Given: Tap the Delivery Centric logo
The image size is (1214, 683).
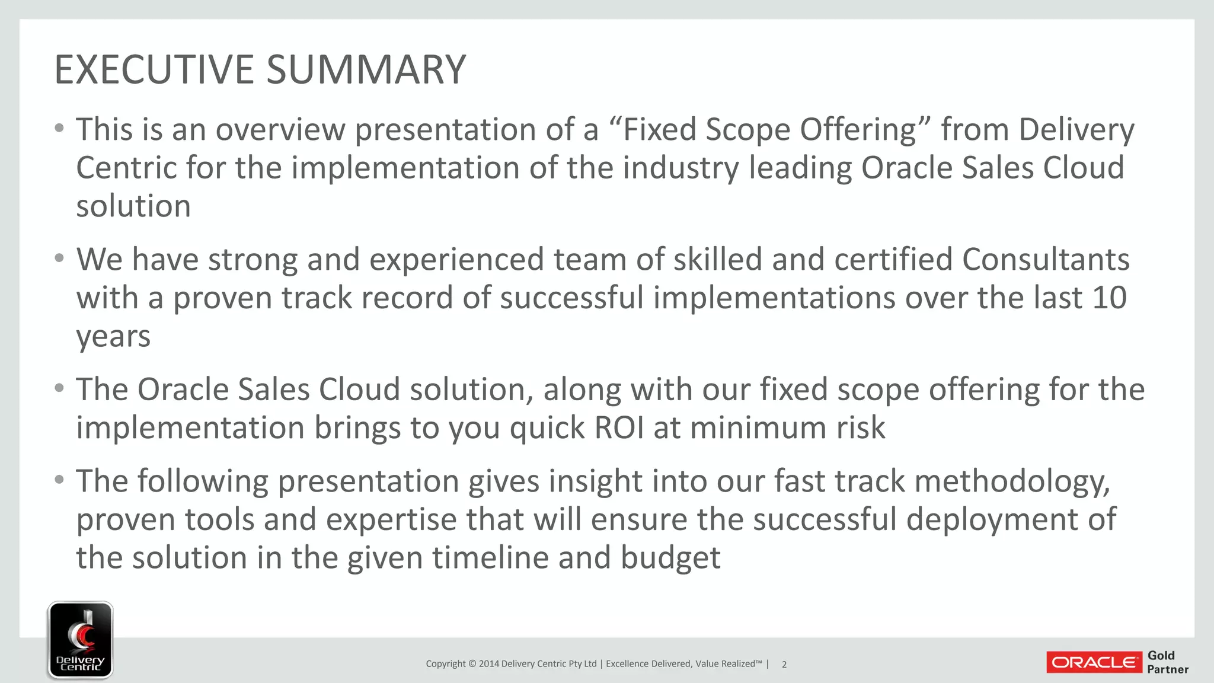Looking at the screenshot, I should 81,640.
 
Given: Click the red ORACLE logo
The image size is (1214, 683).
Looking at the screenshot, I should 1094,662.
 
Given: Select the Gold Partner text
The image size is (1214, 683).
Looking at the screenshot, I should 1167,662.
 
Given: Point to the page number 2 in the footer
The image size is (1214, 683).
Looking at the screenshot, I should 784,665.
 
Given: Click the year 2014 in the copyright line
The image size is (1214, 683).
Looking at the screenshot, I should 488,664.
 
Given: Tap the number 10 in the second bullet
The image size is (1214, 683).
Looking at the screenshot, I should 1108,298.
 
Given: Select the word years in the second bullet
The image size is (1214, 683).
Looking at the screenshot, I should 113,337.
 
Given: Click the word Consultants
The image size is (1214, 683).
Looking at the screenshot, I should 1046,260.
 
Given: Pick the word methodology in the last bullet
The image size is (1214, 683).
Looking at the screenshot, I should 1012,481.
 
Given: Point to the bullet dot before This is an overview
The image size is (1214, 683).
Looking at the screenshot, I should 59,128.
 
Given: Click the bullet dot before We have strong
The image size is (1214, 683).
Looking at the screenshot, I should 59,258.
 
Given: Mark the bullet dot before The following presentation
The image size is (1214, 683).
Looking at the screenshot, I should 59,479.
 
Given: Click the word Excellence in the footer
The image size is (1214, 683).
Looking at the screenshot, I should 627,664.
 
